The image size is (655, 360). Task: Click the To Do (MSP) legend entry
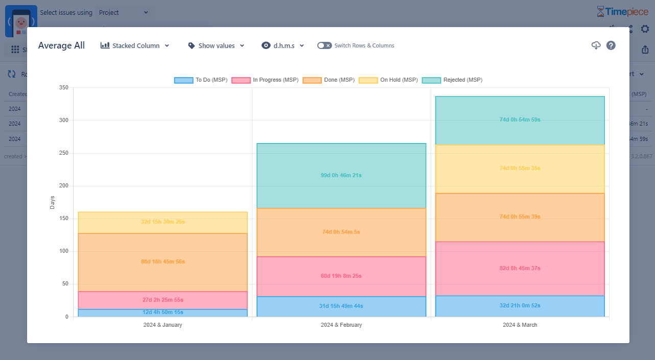(x=201, y=80)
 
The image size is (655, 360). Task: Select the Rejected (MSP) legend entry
(x=452, y=80)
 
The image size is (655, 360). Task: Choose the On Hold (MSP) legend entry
(x=388, y=80)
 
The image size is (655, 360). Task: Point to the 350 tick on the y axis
(x=63, y=88)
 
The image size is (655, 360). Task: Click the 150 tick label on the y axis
(x=63, y=219)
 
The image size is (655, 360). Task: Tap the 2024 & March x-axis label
(x=520, y=325)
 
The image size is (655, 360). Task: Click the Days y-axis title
(x=52, y=202)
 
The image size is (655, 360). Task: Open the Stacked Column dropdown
(x=135, y=45)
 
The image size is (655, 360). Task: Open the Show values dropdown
(x=216, y=45)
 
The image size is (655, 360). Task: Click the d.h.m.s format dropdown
(x=283, y=45)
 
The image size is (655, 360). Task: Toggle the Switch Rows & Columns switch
(x=324, y=45)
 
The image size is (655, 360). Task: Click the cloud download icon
(x=596, y=45)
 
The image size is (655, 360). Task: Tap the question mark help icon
(x=611, y=45)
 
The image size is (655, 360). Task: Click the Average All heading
(x=61, y=45)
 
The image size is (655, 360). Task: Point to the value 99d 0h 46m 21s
(x=341, y=175)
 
